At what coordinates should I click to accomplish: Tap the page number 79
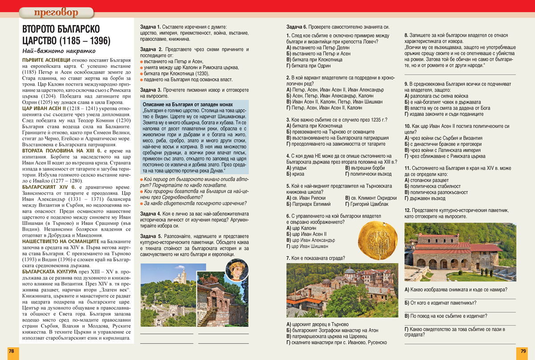(x=523, y=351)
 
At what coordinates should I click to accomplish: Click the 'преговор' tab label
(x=56, y=12)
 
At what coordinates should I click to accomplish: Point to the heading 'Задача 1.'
(x=150, y=27)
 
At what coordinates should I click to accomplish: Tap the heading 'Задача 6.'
(x=296, y=27)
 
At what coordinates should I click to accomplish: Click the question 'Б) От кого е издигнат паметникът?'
(x=440, y=303)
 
